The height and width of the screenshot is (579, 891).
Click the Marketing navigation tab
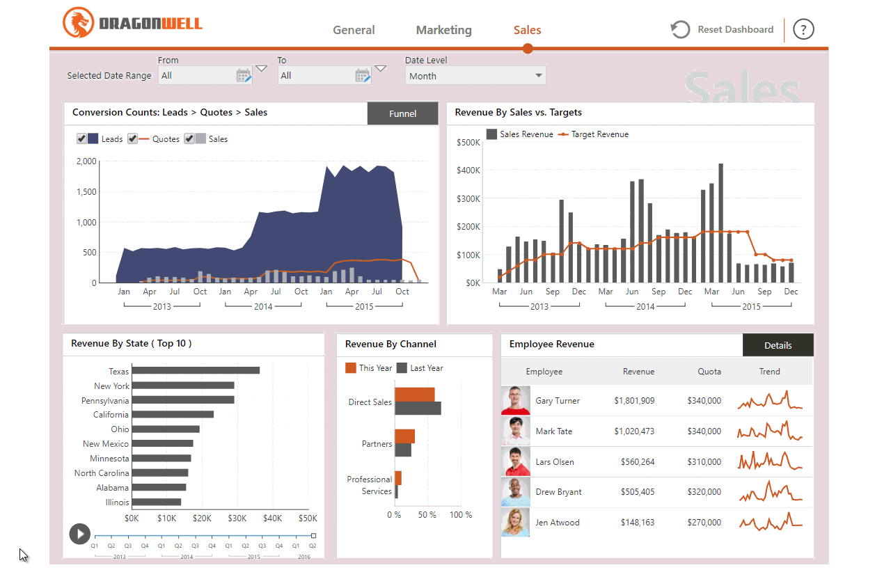pos(443,30)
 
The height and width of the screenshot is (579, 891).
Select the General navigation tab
pos(354,30)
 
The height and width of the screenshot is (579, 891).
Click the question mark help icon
pos(803,29)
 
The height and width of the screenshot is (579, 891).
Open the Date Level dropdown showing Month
pos(475,76)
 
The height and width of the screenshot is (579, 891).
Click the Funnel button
pos(402,113)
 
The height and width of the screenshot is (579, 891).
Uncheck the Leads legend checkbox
pos(81,139)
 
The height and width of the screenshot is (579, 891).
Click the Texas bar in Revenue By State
pos(196,371)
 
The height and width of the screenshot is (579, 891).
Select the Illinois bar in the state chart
pos(157,502)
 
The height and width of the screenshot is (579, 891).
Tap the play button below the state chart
pos(79,534)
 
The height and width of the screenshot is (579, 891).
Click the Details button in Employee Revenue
pos(778,345)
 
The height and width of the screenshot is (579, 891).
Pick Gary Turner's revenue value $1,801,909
pos(633,401)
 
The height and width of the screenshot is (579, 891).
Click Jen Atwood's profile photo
pos(515,522)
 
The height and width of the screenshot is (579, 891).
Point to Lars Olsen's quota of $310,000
pos(704,462)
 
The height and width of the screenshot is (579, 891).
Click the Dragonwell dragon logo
pos(77,23)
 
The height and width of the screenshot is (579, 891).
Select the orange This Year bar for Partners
pos(404,436)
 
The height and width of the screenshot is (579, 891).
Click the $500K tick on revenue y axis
pos(468,143)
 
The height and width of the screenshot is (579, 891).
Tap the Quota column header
pos(709,372)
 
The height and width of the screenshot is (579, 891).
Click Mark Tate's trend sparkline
pos(769,431)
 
